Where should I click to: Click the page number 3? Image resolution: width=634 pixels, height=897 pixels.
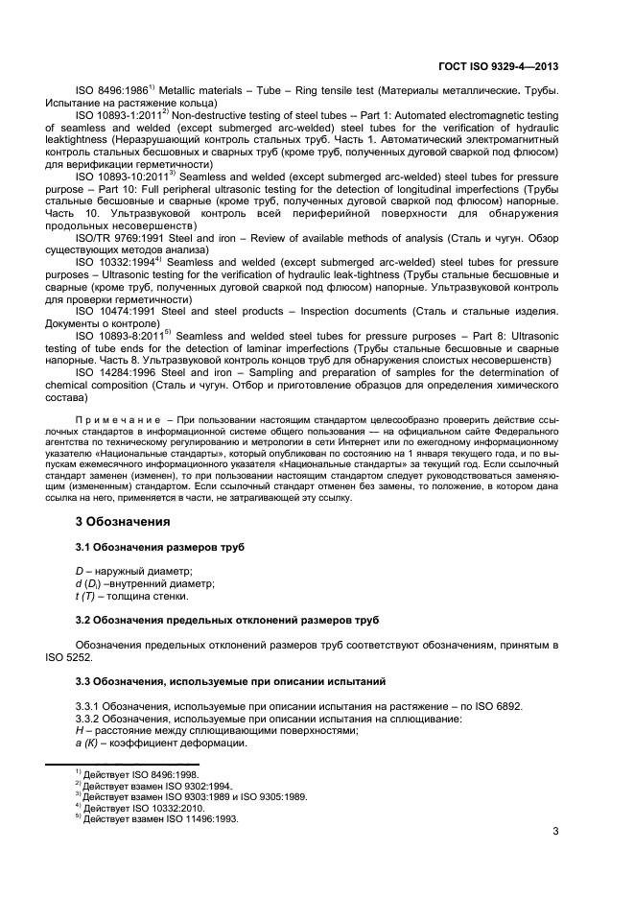pyautogui.click(x=555, y=830)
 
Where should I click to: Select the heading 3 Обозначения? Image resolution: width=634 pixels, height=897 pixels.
pyautogui.click(x=123, y=522)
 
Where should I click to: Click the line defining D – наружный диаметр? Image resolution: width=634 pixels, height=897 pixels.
pyautogui.click(x=140, y=571)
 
